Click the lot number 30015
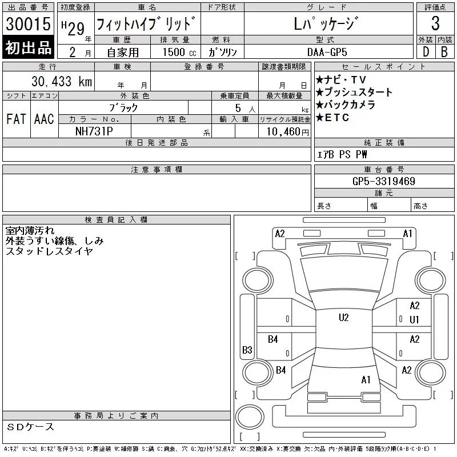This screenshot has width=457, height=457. tap(28, 24)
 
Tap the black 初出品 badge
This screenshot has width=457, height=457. tap(28, 47)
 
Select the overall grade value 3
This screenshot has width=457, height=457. tap(435, 23)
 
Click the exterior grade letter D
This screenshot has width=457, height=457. tap(426, 52)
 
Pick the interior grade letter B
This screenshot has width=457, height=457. tap(444, 52)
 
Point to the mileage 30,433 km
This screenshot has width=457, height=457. tap(62, 81)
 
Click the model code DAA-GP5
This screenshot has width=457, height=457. tap(327, 52)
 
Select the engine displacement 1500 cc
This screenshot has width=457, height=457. tap(179, 52)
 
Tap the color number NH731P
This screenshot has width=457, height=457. tap(94, 131)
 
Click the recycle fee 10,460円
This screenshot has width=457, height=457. tap(287, 132)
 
